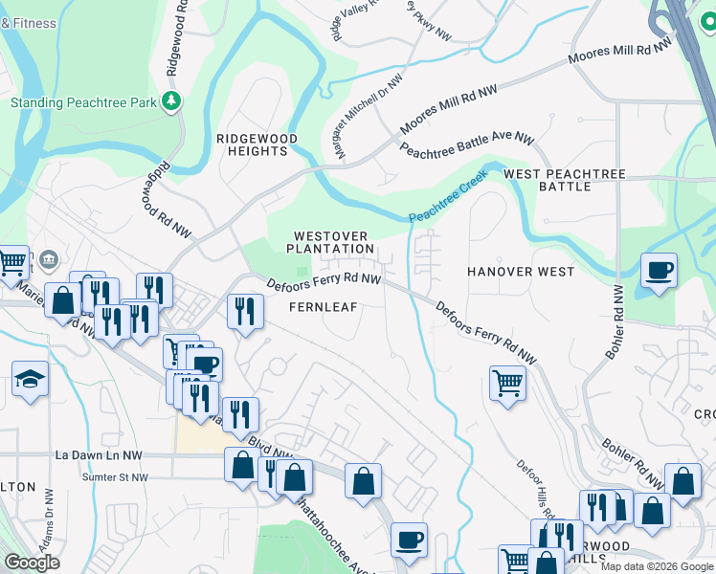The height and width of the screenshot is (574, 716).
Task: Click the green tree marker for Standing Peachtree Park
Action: [x=172, y=101]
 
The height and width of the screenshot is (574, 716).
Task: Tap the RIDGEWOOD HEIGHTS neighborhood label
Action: [x=257, y=145]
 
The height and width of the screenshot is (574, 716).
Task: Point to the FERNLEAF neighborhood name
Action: [x=324, y=306]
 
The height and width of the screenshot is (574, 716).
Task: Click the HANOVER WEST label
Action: [x=521, y=272]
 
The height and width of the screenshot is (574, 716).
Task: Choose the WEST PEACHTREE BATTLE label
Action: [x=565, y=180]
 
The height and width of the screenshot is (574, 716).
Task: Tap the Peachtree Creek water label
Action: [x=449, y=197]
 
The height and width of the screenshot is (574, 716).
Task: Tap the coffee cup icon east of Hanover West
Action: [x=659, y=271]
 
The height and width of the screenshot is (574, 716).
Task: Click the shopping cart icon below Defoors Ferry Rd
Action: [x=507, y=385]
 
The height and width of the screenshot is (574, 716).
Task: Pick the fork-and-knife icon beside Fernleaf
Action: [x=245, y=311]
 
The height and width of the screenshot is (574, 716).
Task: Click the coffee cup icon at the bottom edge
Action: [x=409, y=540]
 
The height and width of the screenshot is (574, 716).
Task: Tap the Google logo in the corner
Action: [x=32, y=563]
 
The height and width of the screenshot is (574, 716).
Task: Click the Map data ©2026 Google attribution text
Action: [x=656, y=566]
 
